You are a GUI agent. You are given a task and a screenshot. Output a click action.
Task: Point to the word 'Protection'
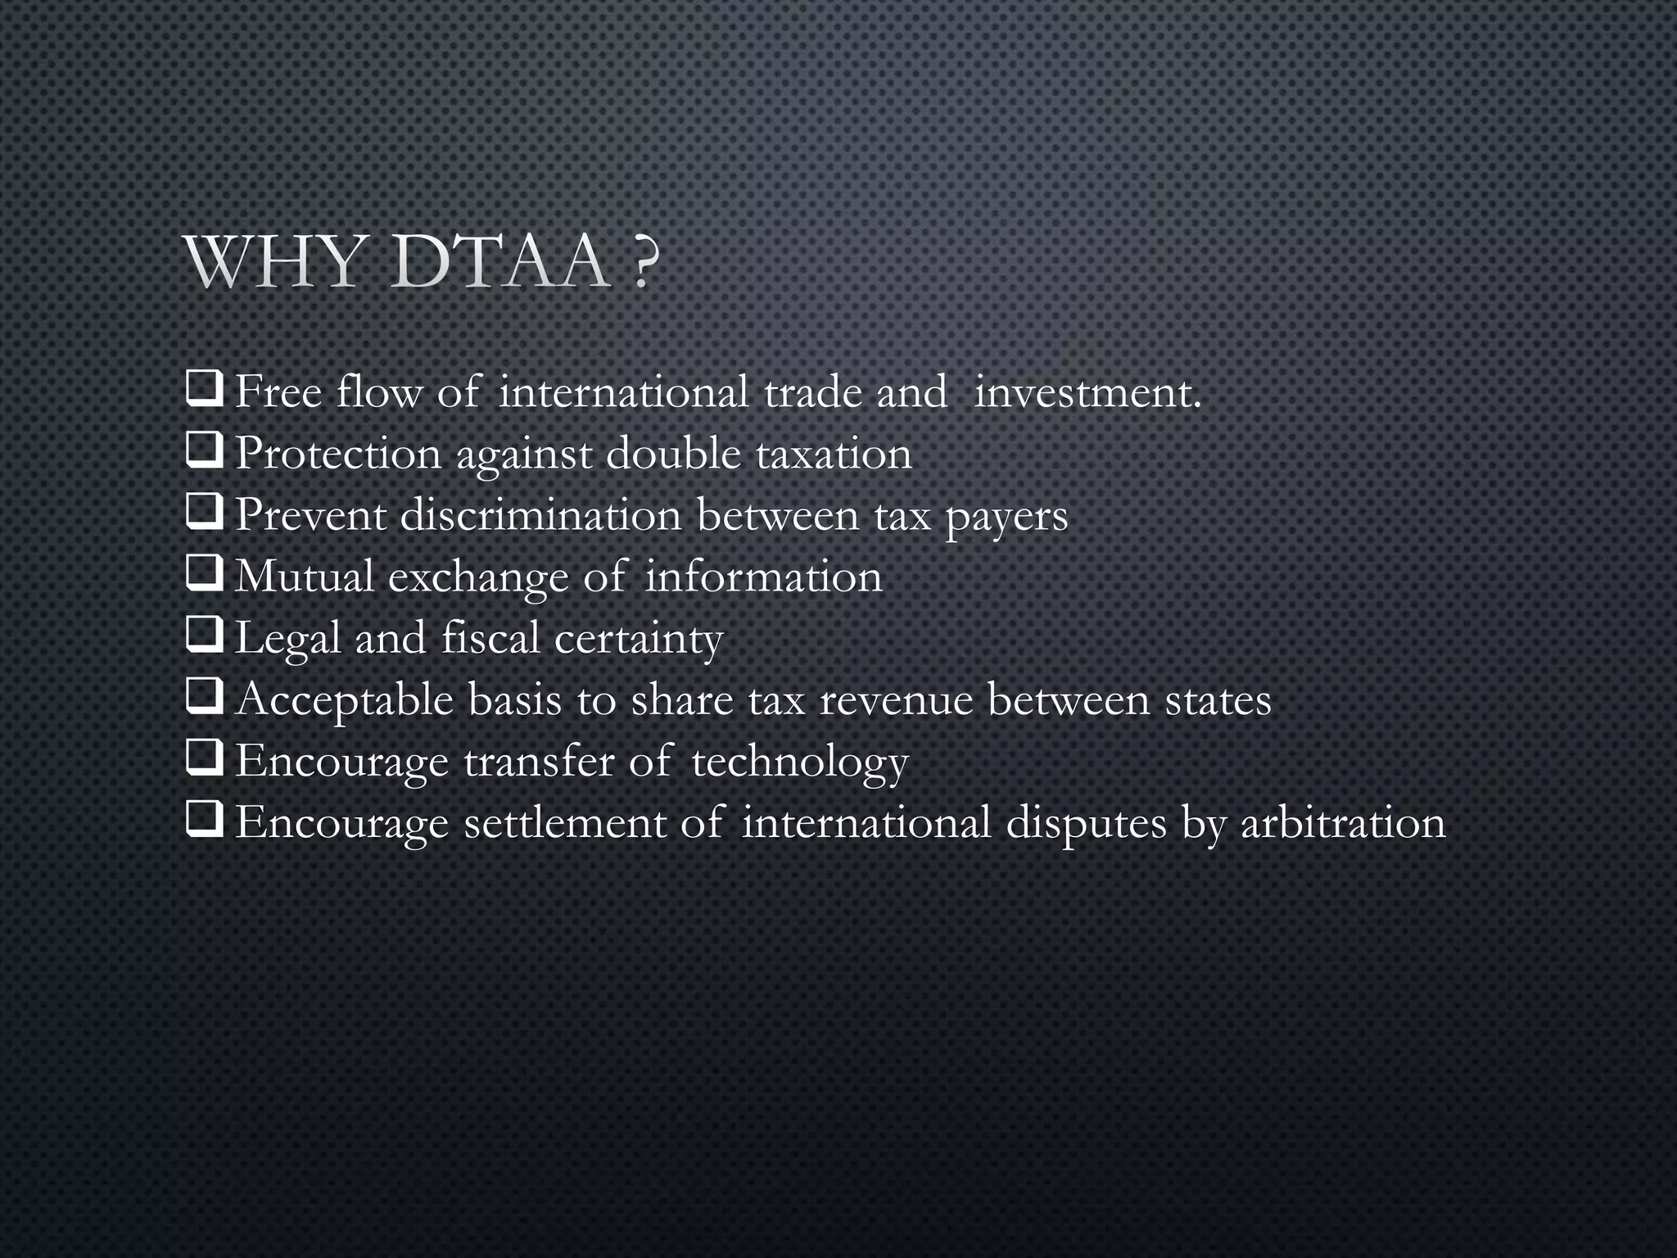tap(338, 454)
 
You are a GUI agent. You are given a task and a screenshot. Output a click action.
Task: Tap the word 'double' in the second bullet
tap(673, 453)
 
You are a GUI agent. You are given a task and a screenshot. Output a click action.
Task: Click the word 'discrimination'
tap(540, 515)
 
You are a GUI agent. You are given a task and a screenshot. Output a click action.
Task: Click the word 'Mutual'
tap(305, 577)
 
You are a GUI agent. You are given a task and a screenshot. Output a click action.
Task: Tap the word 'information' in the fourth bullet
tap(764, 577)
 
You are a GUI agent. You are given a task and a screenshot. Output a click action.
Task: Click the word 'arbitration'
tap(1344, 822)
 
